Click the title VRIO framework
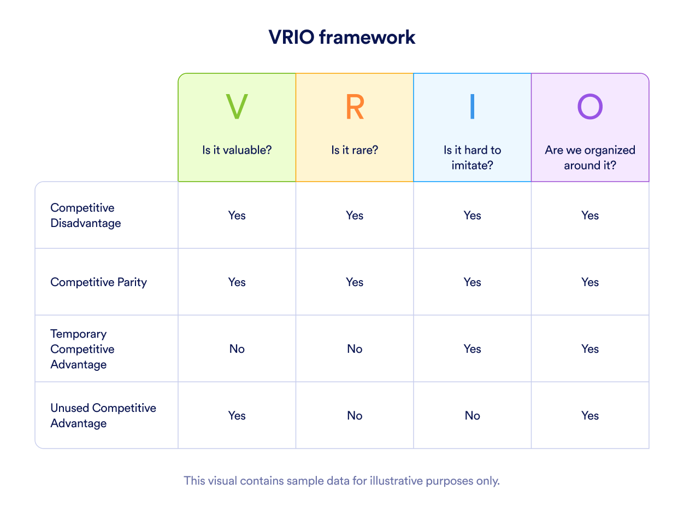342,37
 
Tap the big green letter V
237,107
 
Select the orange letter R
355,107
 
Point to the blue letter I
472,107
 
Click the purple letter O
590,107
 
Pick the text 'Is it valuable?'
237,150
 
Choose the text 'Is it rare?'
355,150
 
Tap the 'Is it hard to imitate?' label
473,158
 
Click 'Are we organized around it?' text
590,158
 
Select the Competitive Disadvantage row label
86,216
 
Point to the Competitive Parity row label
98,282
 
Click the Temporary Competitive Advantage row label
82,349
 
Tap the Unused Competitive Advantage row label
103,416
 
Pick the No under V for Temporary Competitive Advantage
237,349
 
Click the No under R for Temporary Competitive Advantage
355,349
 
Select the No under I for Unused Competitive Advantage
473,416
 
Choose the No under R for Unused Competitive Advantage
355,416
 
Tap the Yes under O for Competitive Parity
590,282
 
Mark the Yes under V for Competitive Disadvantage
237,216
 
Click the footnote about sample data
342,481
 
